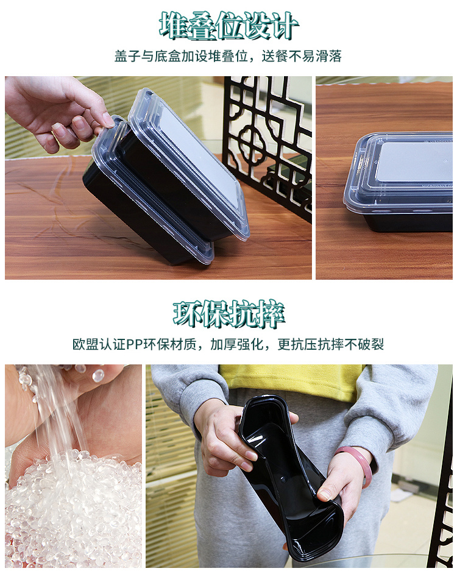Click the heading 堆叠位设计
(x=228, y=26)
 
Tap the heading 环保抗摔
(x=228, y=314)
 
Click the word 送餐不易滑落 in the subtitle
(x=302, y=56)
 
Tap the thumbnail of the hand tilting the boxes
(x=158, y=177)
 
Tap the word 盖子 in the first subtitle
(x=127, y=56)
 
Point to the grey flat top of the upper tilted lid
(x=197, y=154)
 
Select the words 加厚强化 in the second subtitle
(x=237, y=344)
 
